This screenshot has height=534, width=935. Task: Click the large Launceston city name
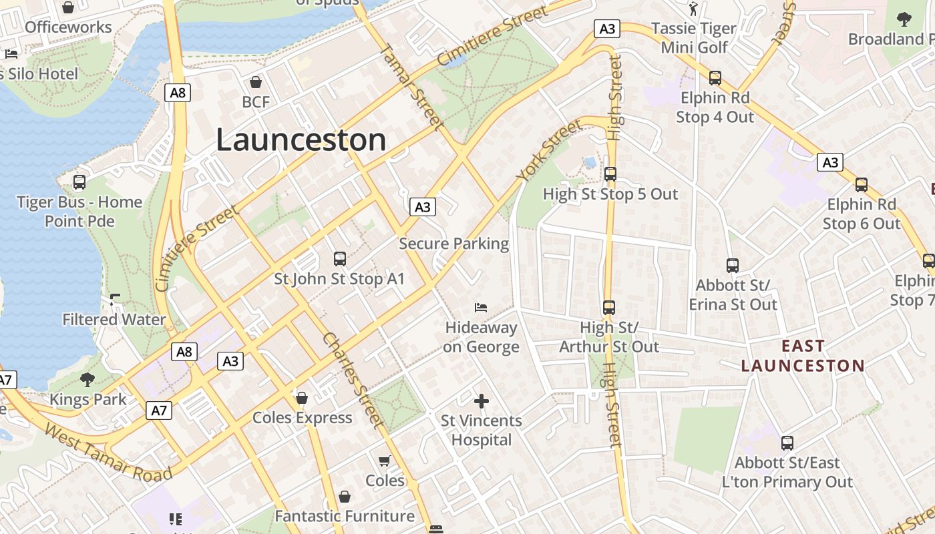pos(301,140)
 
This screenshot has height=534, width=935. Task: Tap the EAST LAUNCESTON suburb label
pos(803,356)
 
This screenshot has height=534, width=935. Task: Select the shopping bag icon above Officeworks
pos(68,8)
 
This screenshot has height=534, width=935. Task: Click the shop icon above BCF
pos(255,83)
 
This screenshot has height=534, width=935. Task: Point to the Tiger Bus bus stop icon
pos(79,182)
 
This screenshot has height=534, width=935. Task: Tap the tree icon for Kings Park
pos(87,380)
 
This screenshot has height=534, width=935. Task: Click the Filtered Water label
pos(114,320)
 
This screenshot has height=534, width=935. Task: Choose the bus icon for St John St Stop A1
pos(339,258)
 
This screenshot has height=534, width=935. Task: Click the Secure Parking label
pos(454,244)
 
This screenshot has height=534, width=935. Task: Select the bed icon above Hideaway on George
pos(481,308)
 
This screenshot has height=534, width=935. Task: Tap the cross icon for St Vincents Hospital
pos(481,400)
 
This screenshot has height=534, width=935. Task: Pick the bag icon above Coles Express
pos(302,398)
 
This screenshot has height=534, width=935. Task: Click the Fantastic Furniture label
pos(345,516)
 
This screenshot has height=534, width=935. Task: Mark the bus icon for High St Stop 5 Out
pos(610,174)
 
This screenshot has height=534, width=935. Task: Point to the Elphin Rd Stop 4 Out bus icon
pos(715,78)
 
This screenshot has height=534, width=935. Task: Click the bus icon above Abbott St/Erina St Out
pos(733,266)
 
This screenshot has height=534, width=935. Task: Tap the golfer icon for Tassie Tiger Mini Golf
pos(693,9)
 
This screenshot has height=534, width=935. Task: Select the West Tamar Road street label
pos(108,453)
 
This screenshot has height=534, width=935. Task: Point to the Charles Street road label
pos(353,379)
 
